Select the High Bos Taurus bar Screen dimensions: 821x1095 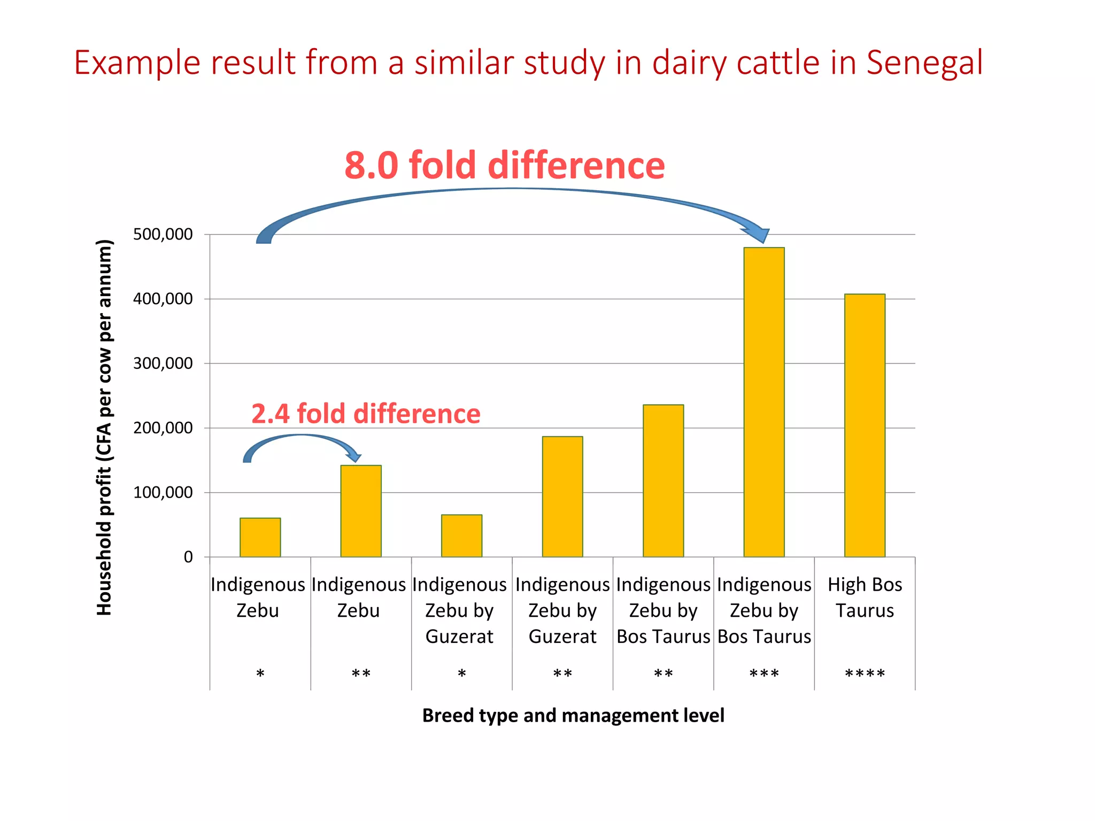[865, 425]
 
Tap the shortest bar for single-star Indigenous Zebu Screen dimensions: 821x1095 [260, 537]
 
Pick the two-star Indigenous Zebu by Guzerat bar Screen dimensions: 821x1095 [562, 497]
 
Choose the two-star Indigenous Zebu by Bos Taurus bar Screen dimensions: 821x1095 [663, 481]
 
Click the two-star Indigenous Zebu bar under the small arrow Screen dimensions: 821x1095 [361, 511]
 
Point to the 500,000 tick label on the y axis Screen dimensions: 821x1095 [163, 234]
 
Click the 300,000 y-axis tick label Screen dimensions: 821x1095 [163, 363]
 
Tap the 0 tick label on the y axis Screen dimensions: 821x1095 [188, 557]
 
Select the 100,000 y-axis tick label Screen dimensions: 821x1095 [163, 492]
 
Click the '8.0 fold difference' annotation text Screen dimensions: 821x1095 [504, 165]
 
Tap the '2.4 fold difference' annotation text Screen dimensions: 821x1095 [366, 414]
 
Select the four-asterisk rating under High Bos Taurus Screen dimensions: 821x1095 [865, 673]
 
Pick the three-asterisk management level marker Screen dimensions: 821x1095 [764, 673]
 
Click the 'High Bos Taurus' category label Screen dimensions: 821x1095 [865, 598]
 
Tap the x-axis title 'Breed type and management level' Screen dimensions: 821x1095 [573, 715]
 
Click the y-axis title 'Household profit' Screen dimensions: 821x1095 [104, 428]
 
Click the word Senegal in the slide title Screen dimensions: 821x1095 [924, 63]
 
